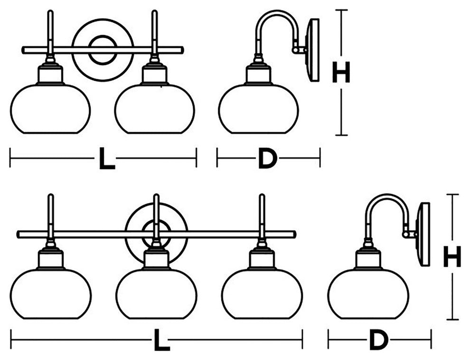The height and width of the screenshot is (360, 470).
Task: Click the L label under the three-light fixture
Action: click(x=162, y=340)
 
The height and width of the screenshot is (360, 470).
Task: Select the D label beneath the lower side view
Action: click(x=378, y=340)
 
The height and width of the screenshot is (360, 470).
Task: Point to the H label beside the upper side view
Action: click(x=340, y=73)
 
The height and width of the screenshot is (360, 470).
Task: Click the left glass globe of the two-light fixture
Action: click(x=50, y=109)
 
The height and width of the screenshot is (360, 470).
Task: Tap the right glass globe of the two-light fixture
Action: click(x=155, y=109)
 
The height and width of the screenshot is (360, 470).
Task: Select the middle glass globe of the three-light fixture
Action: click(x=156, y=294)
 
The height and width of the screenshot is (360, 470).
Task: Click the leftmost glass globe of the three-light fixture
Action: click(x=50, y=294)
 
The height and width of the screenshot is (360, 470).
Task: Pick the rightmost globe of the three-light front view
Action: click(x=262, y=294)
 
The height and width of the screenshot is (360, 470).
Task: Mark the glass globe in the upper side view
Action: click(x=258, y=109)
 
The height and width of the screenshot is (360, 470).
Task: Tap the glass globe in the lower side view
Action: click(x=368, y=294)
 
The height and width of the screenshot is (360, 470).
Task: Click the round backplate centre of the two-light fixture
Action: click(x=102, y=49)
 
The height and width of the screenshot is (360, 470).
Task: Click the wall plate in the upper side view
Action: click(x=313, y=49)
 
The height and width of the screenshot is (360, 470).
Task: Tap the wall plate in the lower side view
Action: click(x=424, y=234)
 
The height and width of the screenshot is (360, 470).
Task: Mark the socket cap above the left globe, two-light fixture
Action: click(x=50, y=74)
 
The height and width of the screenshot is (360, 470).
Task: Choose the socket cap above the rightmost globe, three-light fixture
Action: click(x=262, y=259)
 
